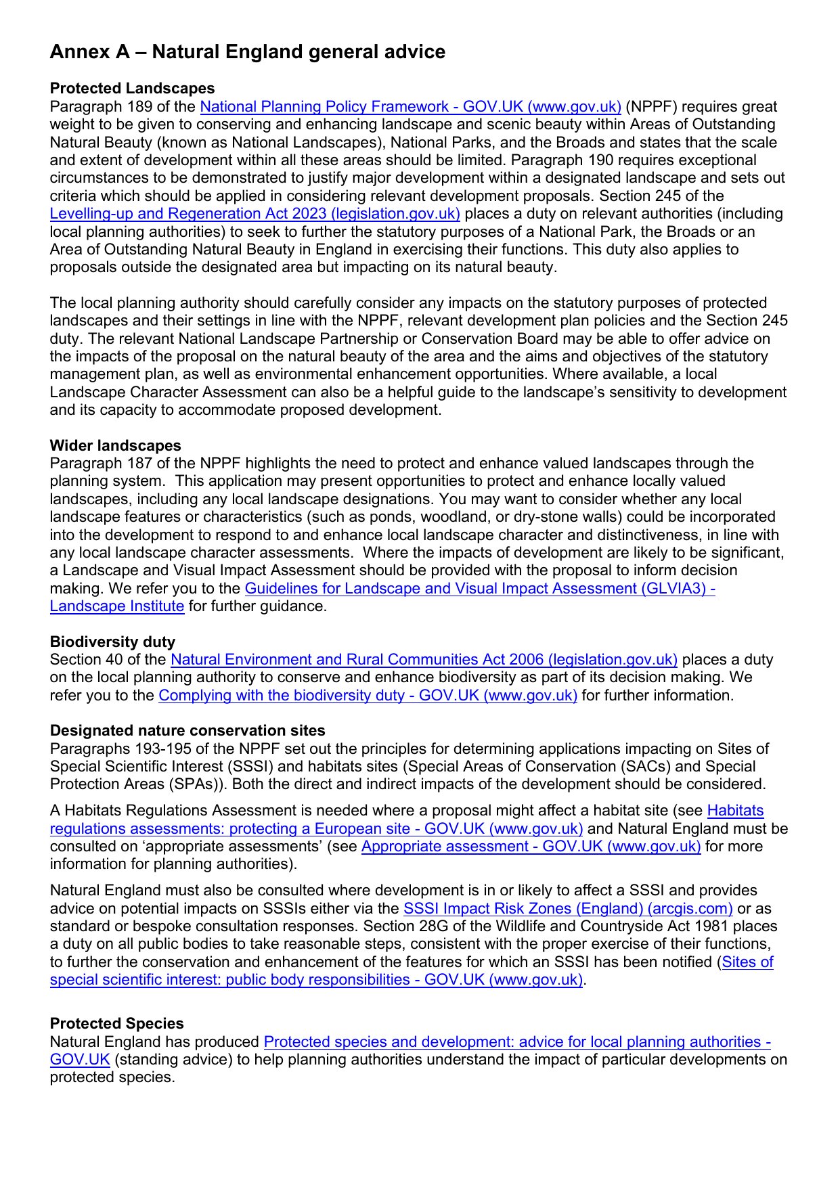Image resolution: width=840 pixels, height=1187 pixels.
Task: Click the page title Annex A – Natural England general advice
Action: click(247, 52)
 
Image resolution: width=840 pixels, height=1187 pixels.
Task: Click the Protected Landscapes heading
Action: click(132, 89)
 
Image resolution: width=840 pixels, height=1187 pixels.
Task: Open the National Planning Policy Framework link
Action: click(410, 107)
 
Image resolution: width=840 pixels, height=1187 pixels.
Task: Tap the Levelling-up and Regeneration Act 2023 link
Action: click(255, 214)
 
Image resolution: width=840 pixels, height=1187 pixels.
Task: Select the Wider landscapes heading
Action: click(115, 446)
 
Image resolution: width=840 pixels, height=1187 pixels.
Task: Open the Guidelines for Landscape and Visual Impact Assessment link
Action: click(479, 589)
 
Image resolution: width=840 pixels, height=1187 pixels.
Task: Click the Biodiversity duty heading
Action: click(112, 642)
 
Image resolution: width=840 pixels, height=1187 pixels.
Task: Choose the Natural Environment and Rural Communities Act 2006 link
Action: click(424, 660)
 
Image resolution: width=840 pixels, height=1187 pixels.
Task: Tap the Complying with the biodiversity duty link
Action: click(368, 696)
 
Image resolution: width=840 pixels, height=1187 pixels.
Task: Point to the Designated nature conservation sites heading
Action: click(187, 731)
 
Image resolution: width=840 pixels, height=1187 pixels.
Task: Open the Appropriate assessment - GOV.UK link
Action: click(531, 847)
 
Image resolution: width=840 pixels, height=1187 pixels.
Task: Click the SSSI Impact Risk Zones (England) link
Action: click(568, 909)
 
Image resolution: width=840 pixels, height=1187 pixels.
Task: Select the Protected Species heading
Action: click(116, 1024)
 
